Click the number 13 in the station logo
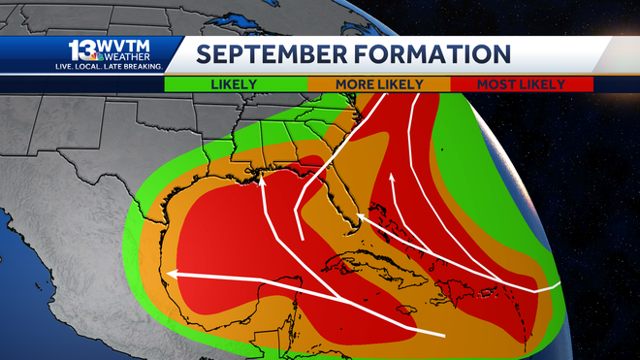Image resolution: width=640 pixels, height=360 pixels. pos(81,50)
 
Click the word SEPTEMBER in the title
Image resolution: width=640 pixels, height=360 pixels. pos(271,53)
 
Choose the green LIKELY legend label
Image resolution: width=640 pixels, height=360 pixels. pos(235,84)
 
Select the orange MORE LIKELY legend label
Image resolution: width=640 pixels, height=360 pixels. pos(379,84)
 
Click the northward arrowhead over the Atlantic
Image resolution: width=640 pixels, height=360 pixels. pos(392,178)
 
